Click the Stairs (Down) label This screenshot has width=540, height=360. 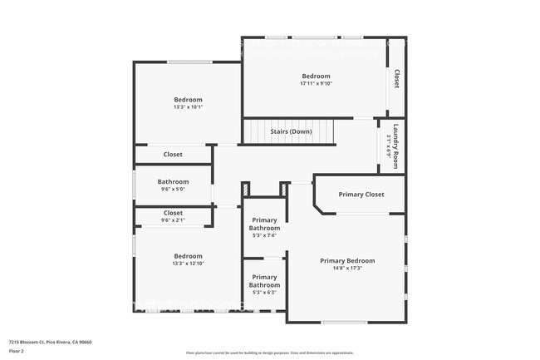291,131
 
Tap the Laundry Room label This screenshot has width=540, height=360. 396,146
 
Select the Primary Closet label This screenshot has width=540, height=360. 361,195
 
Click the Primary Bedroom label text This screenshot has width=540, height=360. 347,260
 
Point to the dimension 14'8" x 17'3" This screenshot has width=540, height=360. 347,268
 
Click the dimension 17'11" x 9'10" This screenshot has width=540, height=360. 315,83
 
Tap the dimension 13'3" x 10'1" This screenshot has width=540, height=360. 188,107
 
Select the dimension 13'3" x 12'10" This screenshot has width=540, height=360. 188,264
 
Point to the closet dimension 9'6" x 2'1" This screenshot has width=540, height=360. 173,220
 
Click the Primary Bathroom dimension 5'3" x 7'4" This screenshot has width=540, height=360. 264,235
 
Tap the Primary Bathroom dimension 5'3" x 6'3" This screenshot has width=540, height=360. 264,293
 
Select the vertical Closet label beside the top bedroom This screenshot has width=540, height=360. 396,78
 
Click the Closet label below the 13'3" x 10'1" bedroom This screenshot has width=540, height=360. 173,154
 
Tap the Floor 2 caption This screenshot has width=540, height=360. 17,351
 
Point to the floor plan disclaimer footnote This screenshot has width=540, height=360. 269,353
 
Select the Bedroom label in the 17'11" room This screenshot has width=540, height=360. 315,76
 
